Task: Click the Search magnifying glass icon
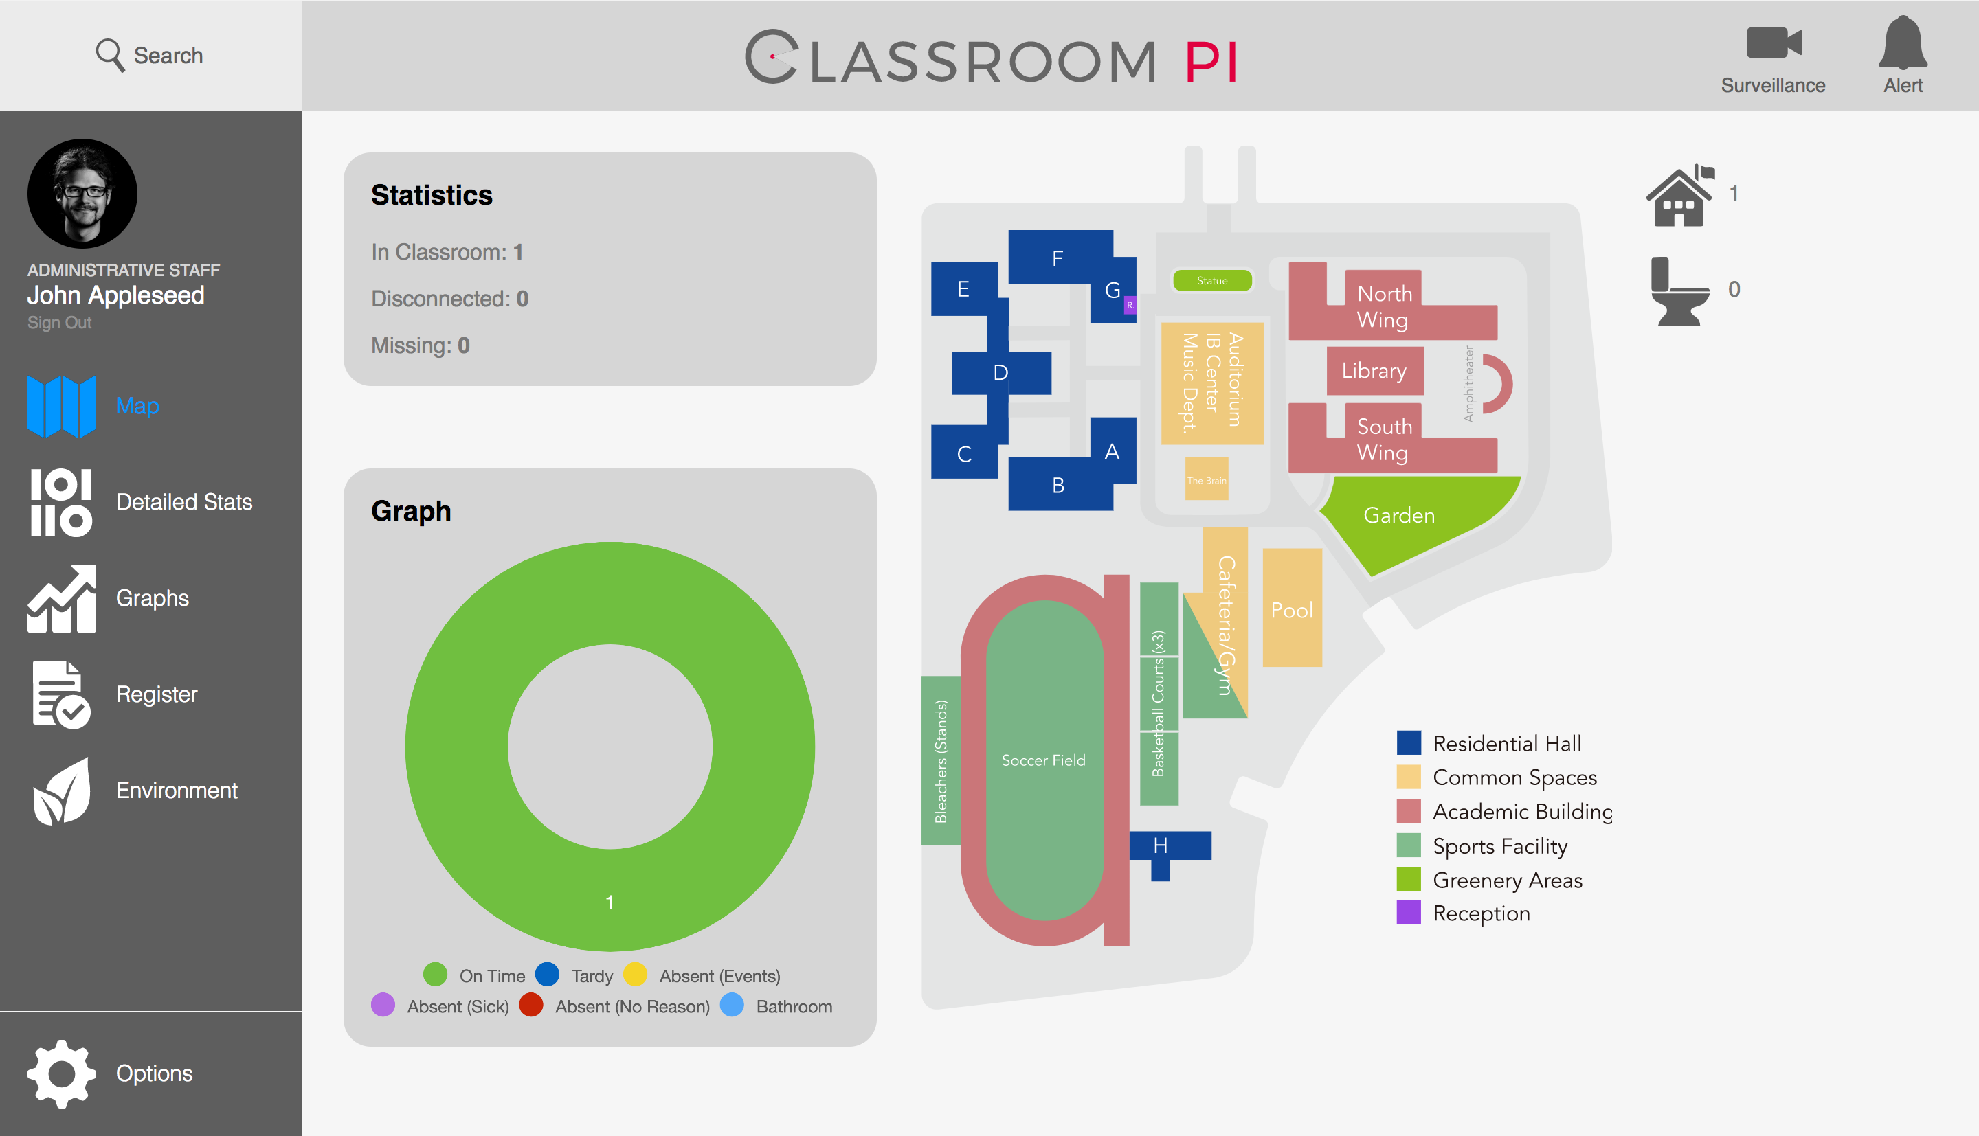coord(109,56)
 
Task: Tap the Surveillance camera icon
coord(1773,43)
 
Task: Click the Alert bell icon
coord(1903,43)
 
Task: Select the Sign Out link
coord(59,322)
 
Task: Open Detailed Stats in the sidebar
coord(183,501)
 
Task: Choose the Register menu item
coord(156,694)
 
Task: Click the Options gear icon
coord(62,1073)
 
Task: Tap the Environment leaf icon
coord(62,791)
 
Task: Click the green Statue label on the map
coord(1212,281)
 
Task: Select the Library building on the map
coord(1374,371)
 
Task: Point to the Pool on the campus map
coord(1291,609)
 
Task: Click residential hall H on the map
coord(1161,845)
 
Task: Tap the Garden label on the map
coord(1398,515)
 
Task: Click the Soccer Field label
coord(1043,760)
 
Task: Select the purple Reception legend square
coord(1408,913)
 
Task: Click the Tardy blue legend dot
coord(547,975)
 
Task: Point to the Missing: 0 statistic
coord(420,345)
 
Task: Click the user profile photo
coord(82,194)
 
